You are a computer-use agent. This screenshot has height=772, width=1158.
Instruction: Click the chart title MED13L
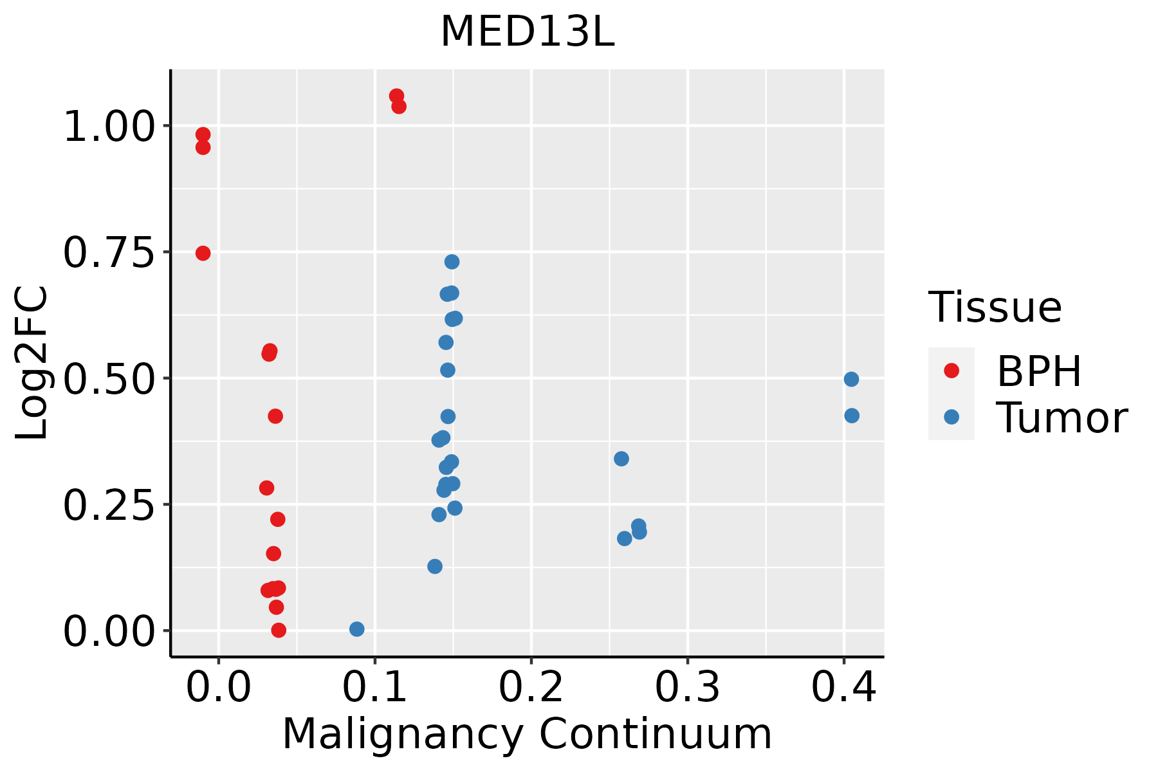pyautogui.click(x=527, y=32)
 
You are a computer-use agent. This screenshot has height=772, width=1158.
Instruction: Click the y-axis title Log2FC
pyautogui.click(x=32, y=363)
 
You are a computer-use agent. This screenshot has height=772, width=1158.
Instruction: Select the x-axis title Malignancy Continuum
pyautogui.click(x=527, y=734)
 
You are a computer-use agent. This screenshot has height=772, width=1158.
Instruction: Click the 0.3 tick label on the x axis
pyautogui.click(x=687, y=688)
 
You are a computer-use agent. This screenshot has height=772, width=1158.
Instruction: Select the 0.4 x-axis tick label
pyautogui.click(x=843, y=688)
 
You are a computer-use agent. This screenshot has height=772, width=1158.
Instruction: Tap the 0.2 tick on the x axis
pyautogui.click(x=531, y=688)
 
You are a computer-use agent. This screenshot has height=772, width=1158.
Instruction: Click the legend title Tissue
pyautogui.click(x=995, y=308)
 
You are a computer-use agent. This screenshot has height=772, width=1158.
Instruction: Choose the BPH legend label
pyautogui.click(x=1039, y=371)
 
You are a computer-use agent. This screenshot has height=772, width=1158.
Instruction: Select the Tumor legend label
pyautogui.click(x=1061, y=418)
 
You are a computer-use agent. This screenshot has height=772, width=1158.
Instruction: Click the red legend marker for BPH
pyautogui.click(x=951, y=371)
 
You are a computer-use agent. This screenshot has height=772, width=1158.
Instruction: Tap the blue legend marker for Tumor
pyautogui.click(x=951, y=417)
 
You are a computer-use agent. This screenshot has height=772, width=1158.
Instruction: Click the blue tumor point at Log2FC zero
pyautogui.click(x=356, y=629)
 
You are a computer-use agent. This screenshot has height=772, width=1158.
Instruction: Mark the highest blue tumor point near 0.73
pyautogui.click(x=452, y=262)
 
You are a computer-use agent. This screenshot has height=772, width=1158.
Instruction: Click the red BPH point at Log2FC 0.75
pyautogui.click(x=203, y=253)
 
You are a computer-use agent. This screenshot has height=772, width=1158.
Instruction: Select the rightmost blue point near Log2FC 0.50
pyautogui.click(x=851, y=380)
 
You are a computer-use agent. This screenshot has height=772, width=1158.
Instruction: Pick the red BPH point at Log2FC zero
pyautogui.click(x=279, y=630)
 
